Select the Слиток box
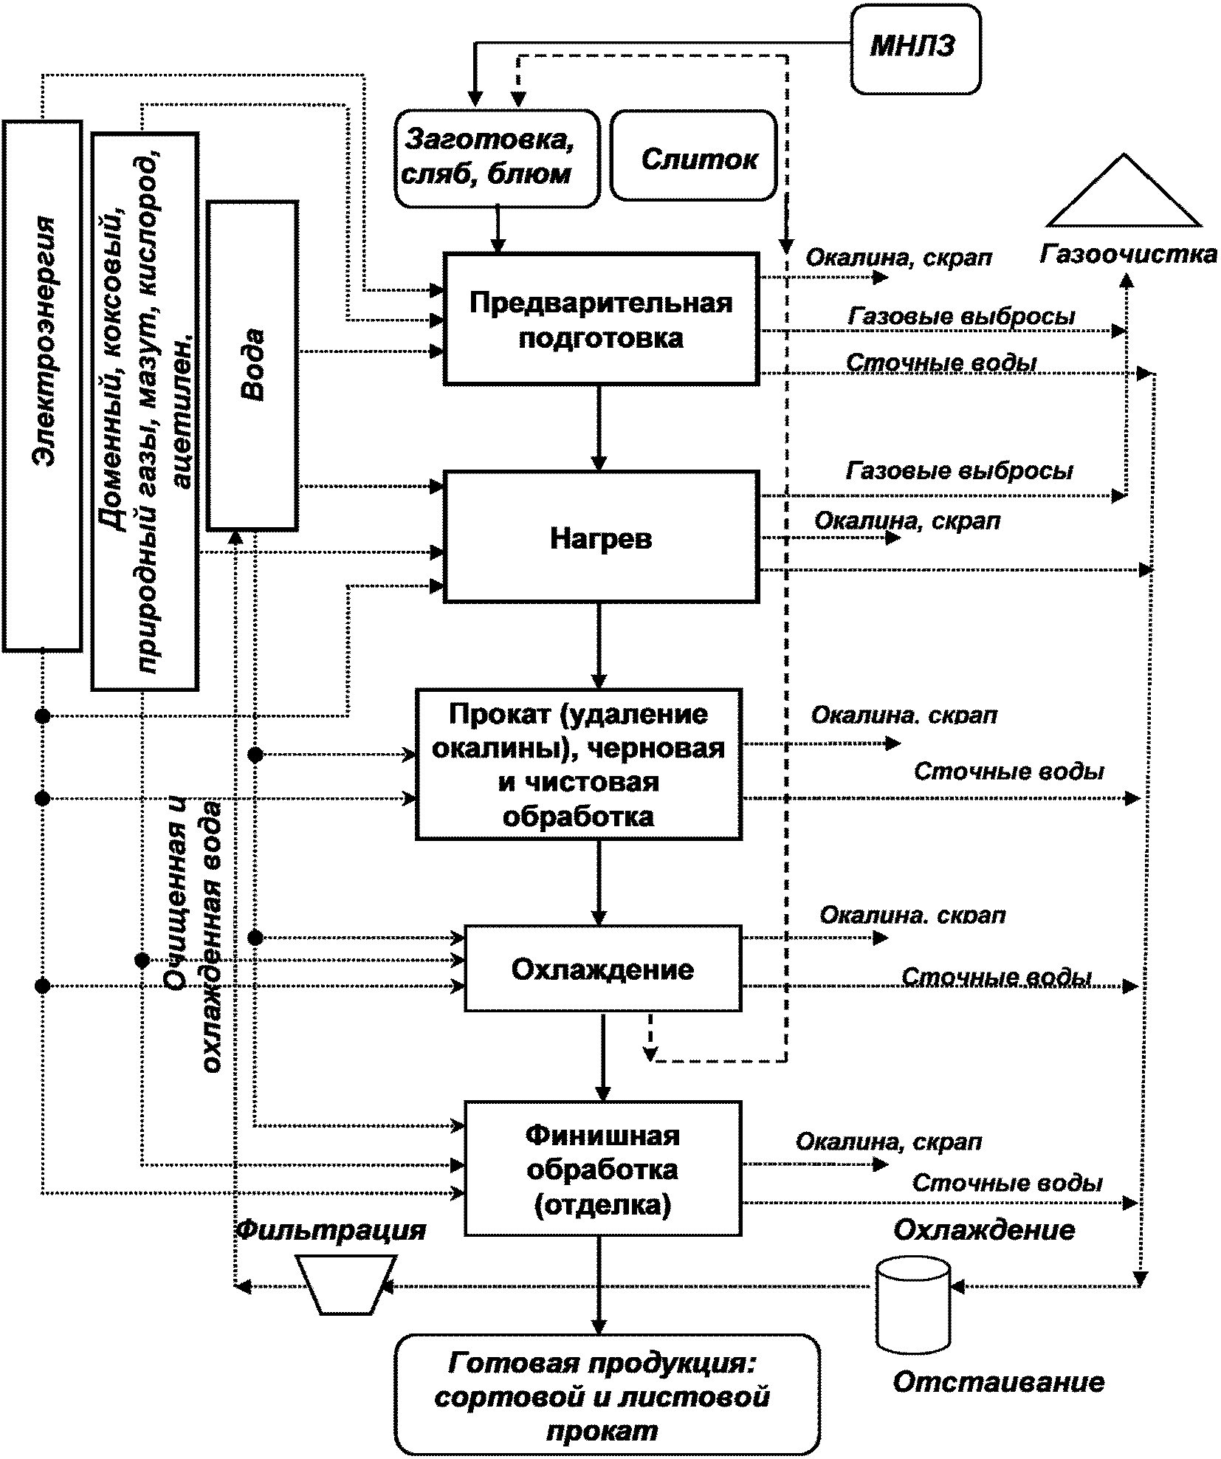pyautogui.click(x=694, y=156)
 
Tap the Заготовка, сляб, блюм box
pyautogui.click(x=498, y=157)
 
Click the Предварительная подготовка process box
pyautogui.click(x=601, y=319)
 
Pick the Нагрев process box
pyautogui.click(x=601, y=538)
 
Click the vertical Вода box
pyautogui.click(x=253, y=365)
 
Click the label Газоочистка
pyautogui.click(x=1128, y=254)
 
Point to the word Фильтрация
pyautogui.click(x=331, y=1229)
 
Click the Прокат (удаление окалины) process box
pyautogui.click(x=579, y=764)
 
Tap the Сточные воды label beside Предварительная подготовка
pyautogui.click(x=941, y=363)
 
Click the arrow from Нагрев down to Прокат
pyautogui.click(x=599, y=646)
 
